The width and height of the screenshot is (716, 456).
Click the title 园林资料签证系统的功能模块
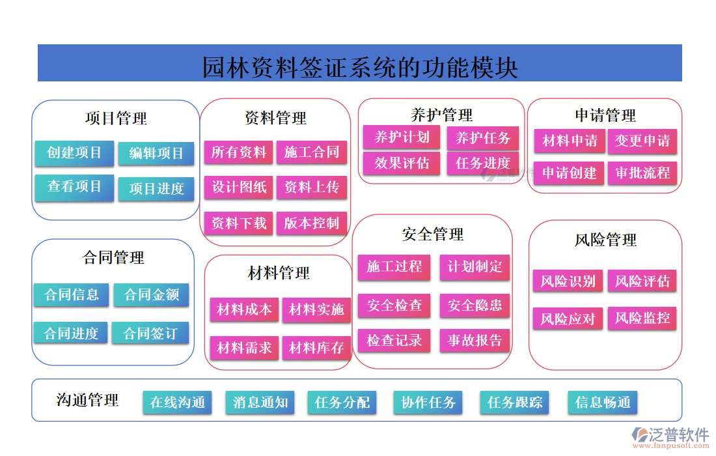pyautogui.click(x=359, y=66)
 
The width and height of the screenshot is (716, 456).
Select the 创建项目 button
pyautogui.click(x=74, y=153)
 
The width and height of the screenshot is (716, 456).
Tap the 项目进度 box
pyautogui.click(x=156, y=189)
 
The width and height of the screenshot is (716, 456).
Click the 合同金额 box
pyautogui.click(x=151, y=294)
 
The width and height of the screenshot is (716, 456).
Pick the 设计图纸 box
pyautogui.click(x=239, y=188)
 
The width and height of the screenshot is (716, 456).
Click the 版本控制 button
pyautogui.click(x=312, y=223)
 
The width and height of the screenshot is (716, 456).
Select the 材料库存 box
pyautogui.click(x=316, y=348)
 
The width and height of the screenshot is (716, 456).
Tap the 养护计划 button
pyautogui.click(x=402, y=137)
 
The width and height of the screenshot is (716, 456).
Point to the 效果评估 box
pyautogui.click(x=402, y=163)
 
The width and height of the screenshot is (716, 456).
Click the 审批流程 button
pyautogui.click(x=642, y=173)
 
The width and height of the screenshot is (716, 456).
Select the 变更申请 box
pyautogui.click(x=642, y=141)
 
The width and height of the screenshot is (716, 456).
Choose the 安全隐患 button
pyautogui.click(x=475, y=306)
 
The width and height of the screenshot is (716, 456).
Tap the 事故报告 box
pyautogui.click(x=475, y=340)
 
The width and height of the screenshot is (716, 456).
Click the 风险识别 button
pyautogui.click(x=568, y=281)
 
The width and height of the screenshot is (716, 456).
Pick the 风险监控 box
pyautogui.click(x=642, y=319)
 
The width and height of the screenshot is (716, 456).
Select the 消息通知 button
pyautogui.click(x=260, y=402)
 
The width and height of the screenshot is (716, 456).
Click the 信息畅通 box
pyautogui.click(x=603, y=402)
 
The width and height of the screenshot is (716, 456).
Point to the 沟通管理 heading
pyautogui.click(x=87, y=400)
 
